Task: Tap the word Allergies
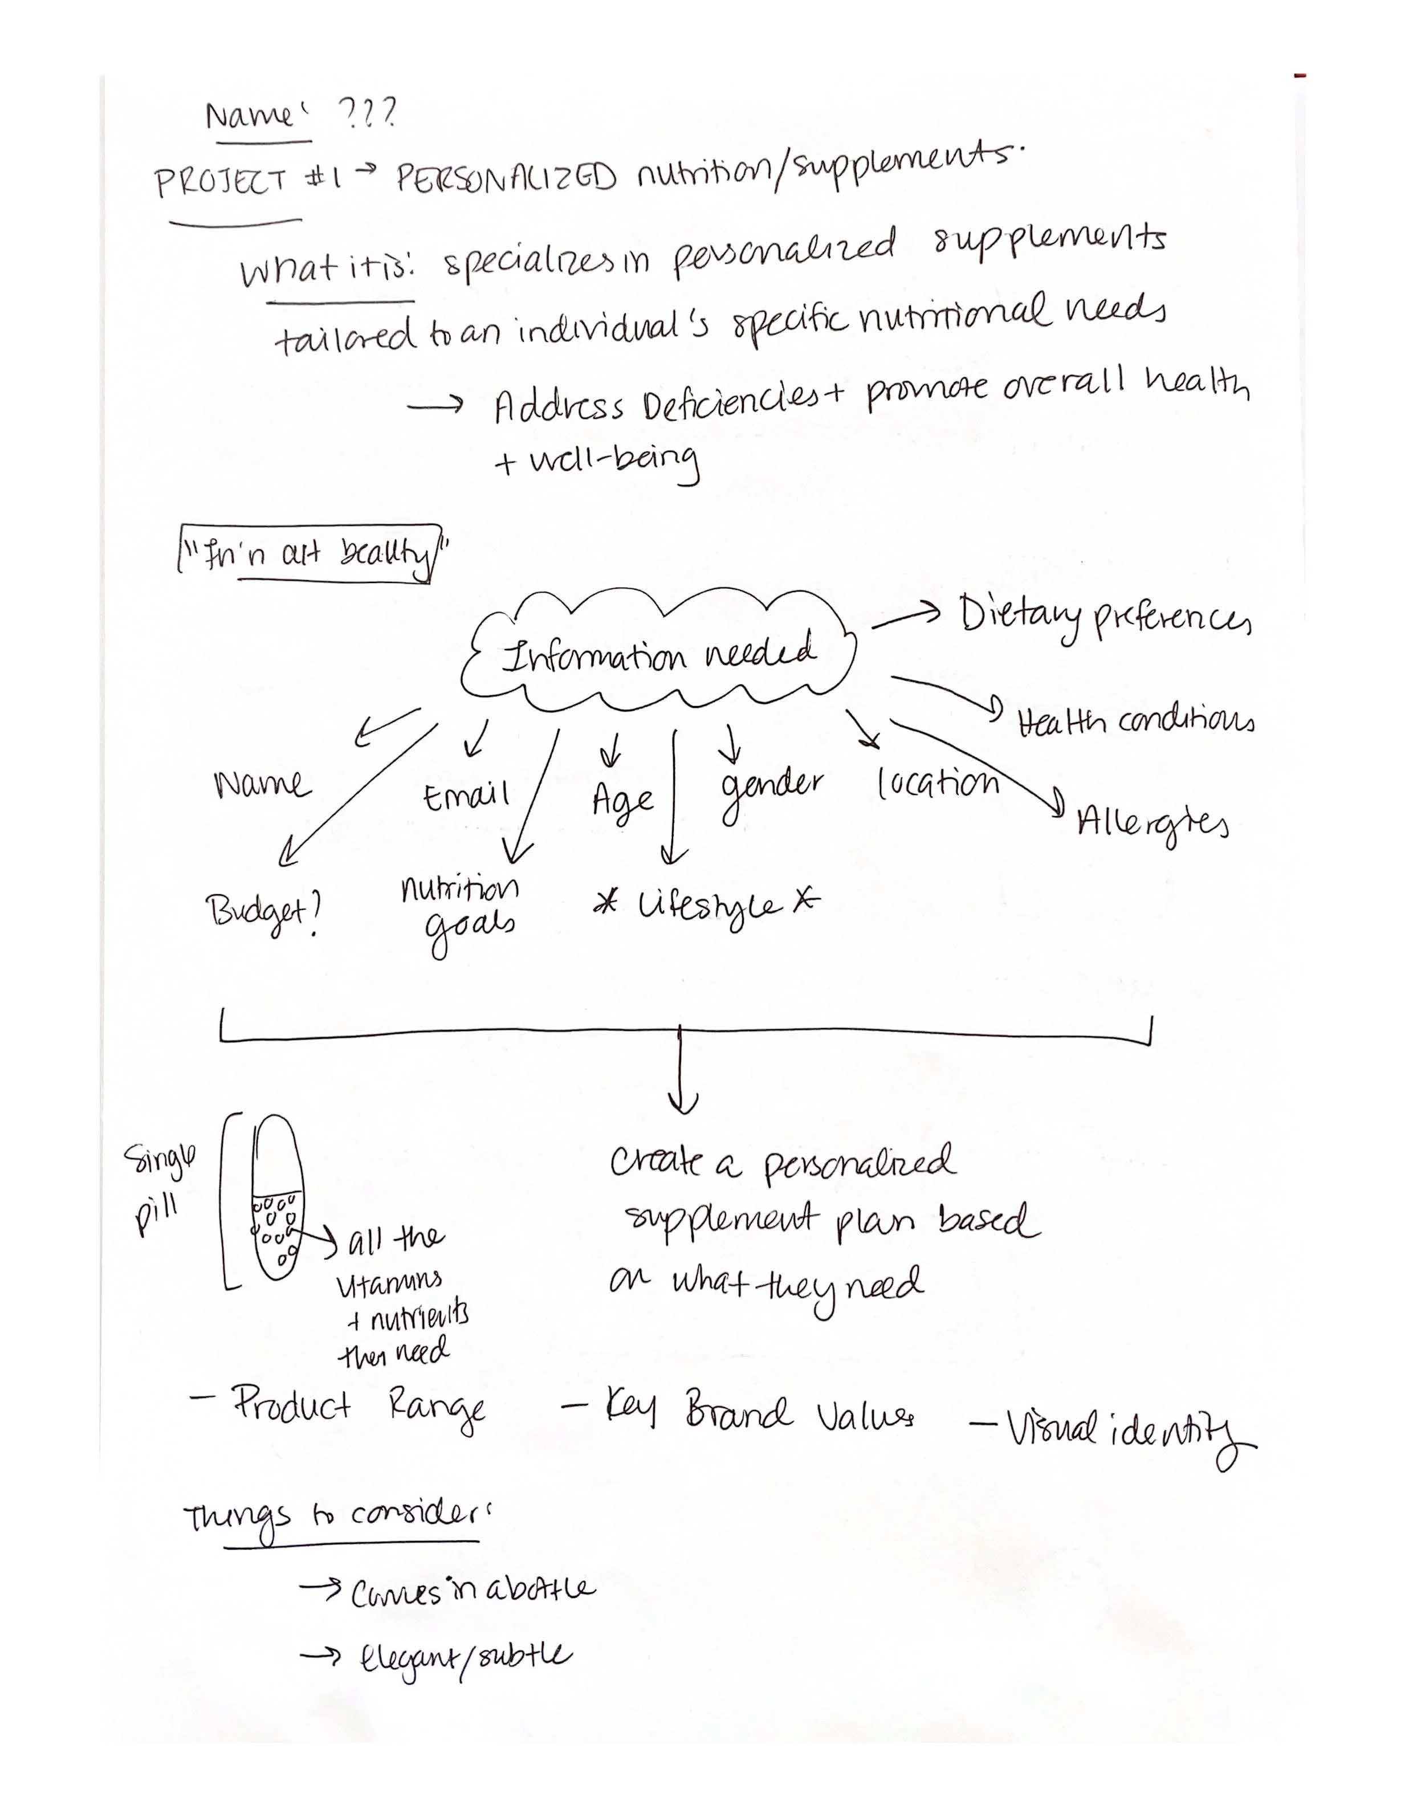coord(1152,824)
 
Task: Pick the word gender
coord(772,789)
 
